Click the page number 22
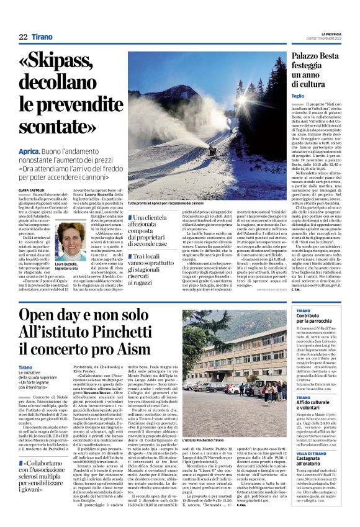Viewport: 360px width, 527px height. pos(22,37)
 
